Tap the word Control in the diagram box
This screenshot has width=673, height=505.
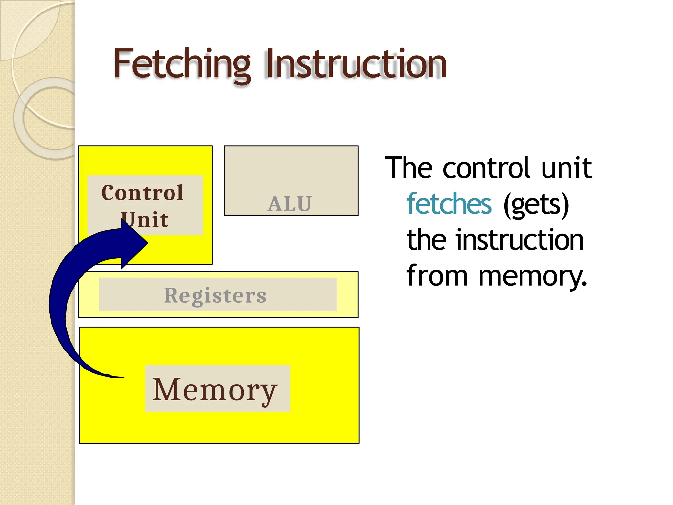(x=142, y=193)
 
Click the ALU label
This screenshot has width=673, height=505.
(x=290, y=204)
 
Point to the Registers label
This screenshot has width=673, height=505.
(x=215, y=295)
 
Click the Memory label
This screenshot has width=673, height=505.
(x=215, y=390)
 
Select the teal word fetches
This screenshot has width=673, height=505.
(x=449, y=204)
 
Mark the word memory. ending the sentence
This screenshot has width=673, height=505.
(x=532, y=276)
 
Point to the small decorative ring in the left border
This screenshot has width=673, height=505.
(x=49, y=118)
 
